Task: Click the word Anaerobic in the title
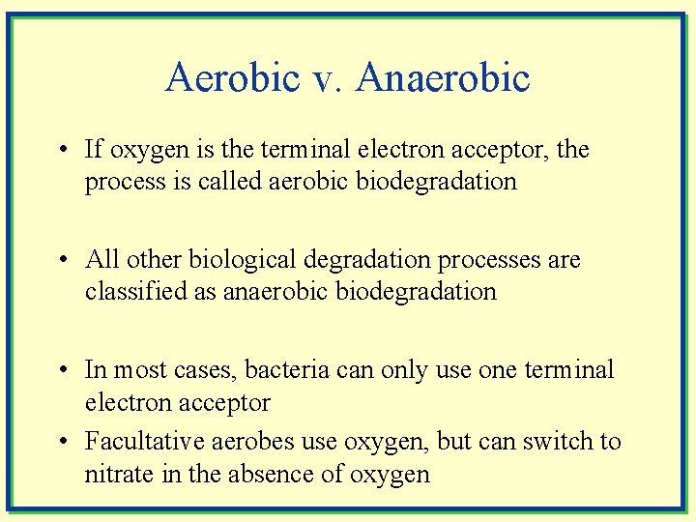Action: (443, 78)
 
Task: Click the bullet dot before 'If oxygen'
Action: (62, 151)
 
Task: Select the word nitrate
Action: (113, 475)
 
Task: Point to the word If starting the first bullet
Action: (93, 150)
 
